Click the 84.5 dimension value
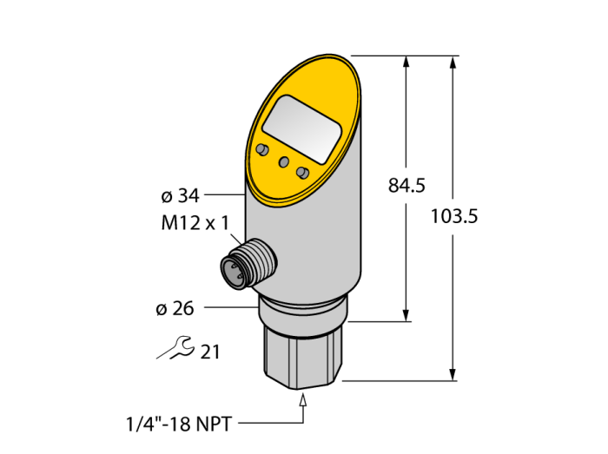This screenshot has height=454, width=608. (x=406, y=186)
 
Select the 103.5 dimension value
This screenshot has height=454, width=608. (x=454, y=216)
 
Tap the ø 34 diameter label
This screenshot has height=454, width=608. (x=180, y=196)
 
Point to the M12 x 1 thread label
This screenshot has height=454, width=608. (x=195, y=223)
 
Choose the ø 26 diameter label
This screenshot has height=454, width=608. (x=175, y=309)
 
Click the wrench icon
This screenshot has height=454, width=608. (x=176, y=347)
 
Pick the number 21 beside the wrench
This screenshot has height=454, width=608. (x=210, y=352)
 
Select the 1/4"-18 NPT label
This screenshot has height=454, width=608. (x=179, y=424)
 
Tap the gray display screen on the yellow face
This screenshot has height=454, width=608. (x=301, y=129)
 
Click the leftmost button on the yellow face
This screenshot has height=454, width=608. (x=262, y=150)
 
